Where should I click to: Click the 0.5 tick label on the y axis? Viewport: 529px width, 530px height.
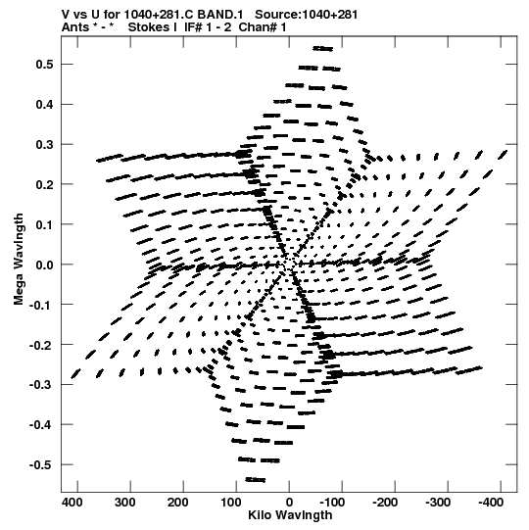[45, 65]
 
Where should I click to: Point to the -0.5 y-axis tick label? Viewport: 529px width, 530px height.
[41, 464]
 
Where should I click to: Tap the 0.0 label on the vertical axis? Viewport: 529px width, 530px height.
[45, 265]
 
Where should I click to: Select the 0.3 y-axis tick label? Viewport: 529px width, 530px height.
[45, 145]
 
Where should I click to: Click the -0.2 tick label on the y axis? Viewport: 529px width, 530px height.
[41, 345]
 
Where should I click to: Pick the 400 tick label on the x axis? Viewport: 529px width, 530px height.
[72, 503]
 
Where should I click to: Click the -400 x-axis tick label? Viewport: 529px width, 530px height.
[491, 503]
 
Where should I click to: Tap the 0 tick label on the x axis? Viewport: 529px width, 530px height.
[289, 503]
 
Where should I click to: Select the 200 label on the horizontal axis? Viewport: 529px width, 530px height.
[177, 503]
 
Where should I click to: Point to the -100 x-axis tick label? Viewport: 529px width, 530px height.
[332, 503]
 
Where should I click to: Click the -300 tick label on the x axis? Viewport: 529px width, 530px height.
[438, 503]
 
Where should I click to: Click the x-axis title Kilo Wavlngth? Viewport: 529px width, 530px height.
[290, 515]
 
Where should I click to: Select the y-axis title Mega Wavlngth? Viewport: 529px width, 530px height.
[19, 260]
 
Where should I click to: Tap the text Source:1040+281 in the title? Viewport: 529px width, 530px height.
[306, 15]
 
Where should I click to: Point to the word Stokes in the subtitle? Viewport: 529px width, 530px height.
[153, 27]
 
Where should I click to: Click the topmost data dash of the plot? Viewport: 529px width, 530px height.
[323, 49]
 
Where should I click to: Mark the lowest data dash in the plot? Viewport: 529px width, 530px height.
[256, 480]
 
